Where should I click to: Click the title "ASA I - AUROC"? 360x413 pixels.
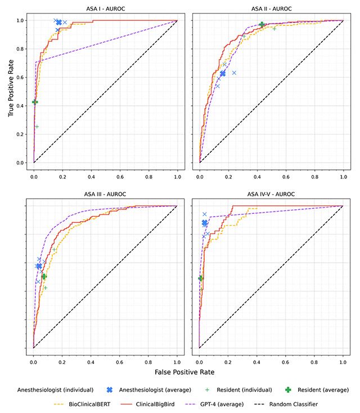tap(105, 9)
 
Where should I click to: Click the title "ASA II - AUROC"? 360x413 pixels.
tap(271, 9)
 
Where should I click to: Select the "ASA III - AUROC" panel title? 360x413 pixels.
tap(105, 195)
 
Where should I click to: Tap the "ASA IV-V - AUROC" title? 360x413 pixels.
tap(271, 195)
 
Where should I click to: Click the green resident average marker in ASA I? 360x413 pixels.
tap(35, 102)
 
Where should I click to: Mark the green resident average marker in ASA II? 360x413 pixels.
tap(262, 24)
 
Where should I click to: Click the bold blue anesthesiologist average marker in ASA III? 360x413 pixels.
tap(39, 266)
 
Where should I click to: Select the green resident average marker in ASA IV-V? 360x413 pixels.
tap(200, 278)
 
